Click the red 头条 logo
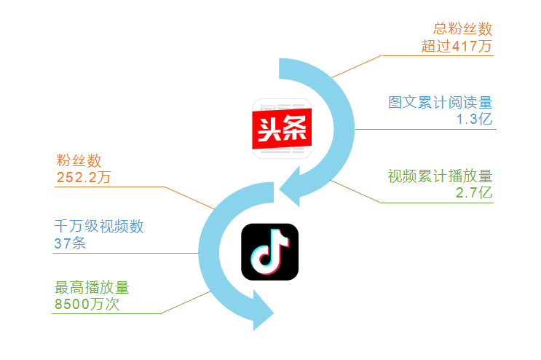pos(282,129)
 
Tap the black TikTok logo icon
pos(269,251)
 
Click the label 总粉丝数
pos(462,30)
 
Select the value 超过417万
pos(457,47)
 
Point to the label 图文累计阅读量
pos(441,102)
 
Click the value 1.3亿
pos(475,119)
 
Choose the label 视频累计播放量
pos(441,176)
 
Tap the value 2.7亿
pos(475,193)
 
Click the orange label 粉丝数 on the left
pos(78,160)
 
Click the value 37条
pos(70,243)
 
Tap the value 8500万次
pos(87,305)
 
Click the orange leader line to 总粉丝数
pos(357,66)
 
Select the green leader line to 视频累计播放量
pos(357,190)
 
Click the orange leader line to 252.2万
pos(189,198)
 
